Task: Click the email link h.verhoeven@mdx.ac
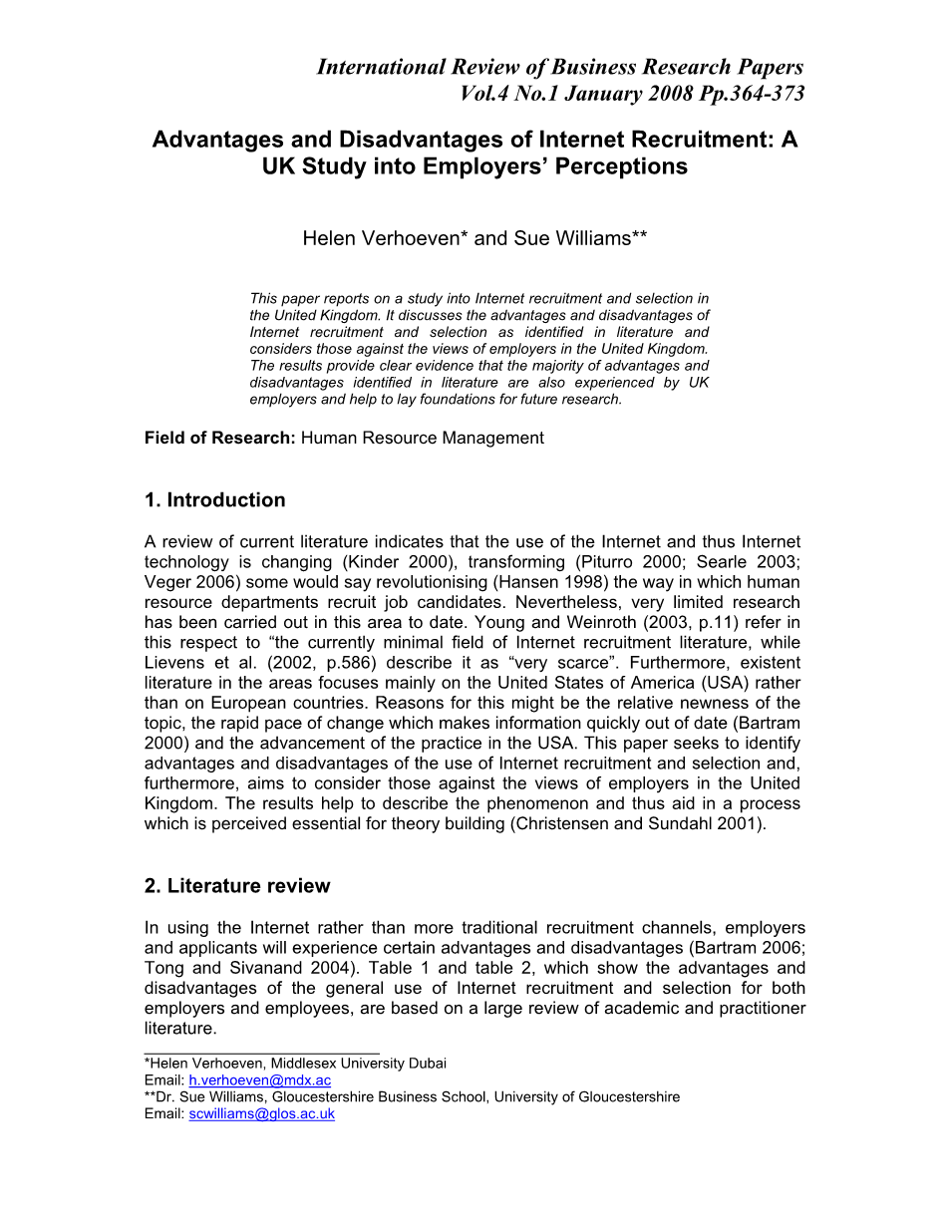coord(259,1080)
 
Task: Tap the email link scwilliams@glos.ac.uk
coord(261,1114)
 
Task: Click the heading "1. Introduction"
coord(214,500)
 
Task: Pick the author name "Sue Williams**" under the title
coord(581,239)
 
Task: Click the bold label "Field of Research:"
coord(219,438)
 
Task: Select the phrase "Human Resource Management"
coord(423,438)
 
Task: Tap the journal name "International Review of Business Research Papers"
coord(559,67)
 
